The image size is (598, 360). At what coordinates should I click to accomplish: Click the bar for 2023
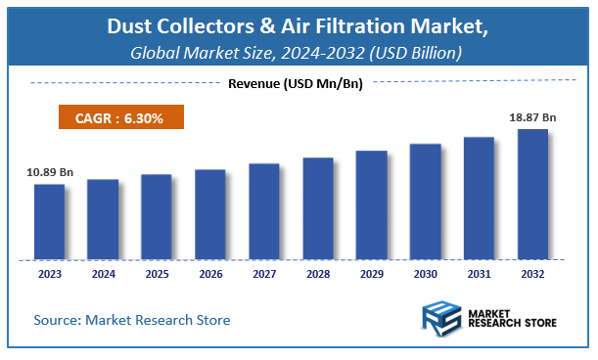point(49,222)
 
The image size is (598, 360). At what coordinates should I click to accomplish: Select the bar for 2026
point(210,215)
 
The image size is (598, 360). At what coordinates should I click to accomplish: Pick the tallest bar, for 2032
point(532,195)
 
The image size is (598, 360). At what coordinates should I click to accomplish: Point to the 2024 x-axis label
point(103,275)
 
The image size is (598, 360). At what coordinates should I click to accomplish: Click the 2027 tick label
point(264,275)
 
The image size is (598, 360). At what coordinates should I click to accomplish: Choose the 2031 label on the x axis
point(479,275)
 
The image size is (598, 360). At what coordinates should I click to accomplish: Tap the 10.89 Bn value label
point(50,172)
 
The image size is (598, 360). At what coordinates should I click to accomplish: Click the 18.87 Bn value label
point(532,116)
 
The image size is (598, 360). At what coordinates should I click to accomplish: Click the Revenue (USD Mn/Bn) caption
point(295,84)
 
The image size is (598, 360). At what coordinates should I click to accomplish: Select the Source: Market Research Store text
point(132,320)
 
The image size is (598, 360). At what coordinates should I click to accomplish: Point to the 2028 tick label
point(318,275)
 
